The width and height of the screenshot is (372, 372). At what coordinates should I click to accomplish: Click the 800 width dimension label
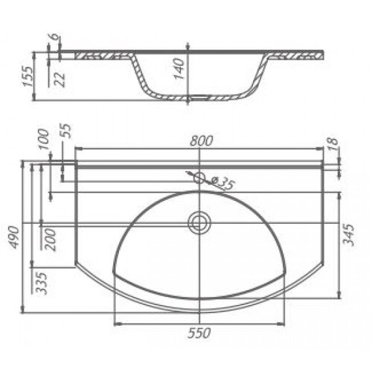(x=202, y=141)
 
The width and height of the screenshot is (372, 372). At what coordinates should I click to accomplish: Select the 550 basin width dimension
(x=199, y=333)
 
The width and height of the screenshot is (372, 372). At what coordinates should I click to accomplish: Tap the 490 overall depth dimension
(x=14, y=237)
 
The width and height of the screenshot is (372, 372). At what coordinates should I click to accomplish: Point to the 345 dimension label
(x=349, y=234)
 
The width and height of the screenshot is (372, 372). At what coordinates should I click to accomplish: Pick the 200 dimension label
(x=51, y=240)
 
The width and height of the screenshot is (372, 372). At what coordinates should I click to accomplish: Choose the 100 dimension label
(x=44, y=139)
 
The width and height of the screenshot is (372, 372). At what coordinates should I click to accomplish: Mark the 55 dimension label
(x=67, y=131)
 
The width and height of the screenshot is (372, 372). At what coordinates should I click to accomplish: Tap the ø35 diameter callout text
(x=222, y=184)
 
